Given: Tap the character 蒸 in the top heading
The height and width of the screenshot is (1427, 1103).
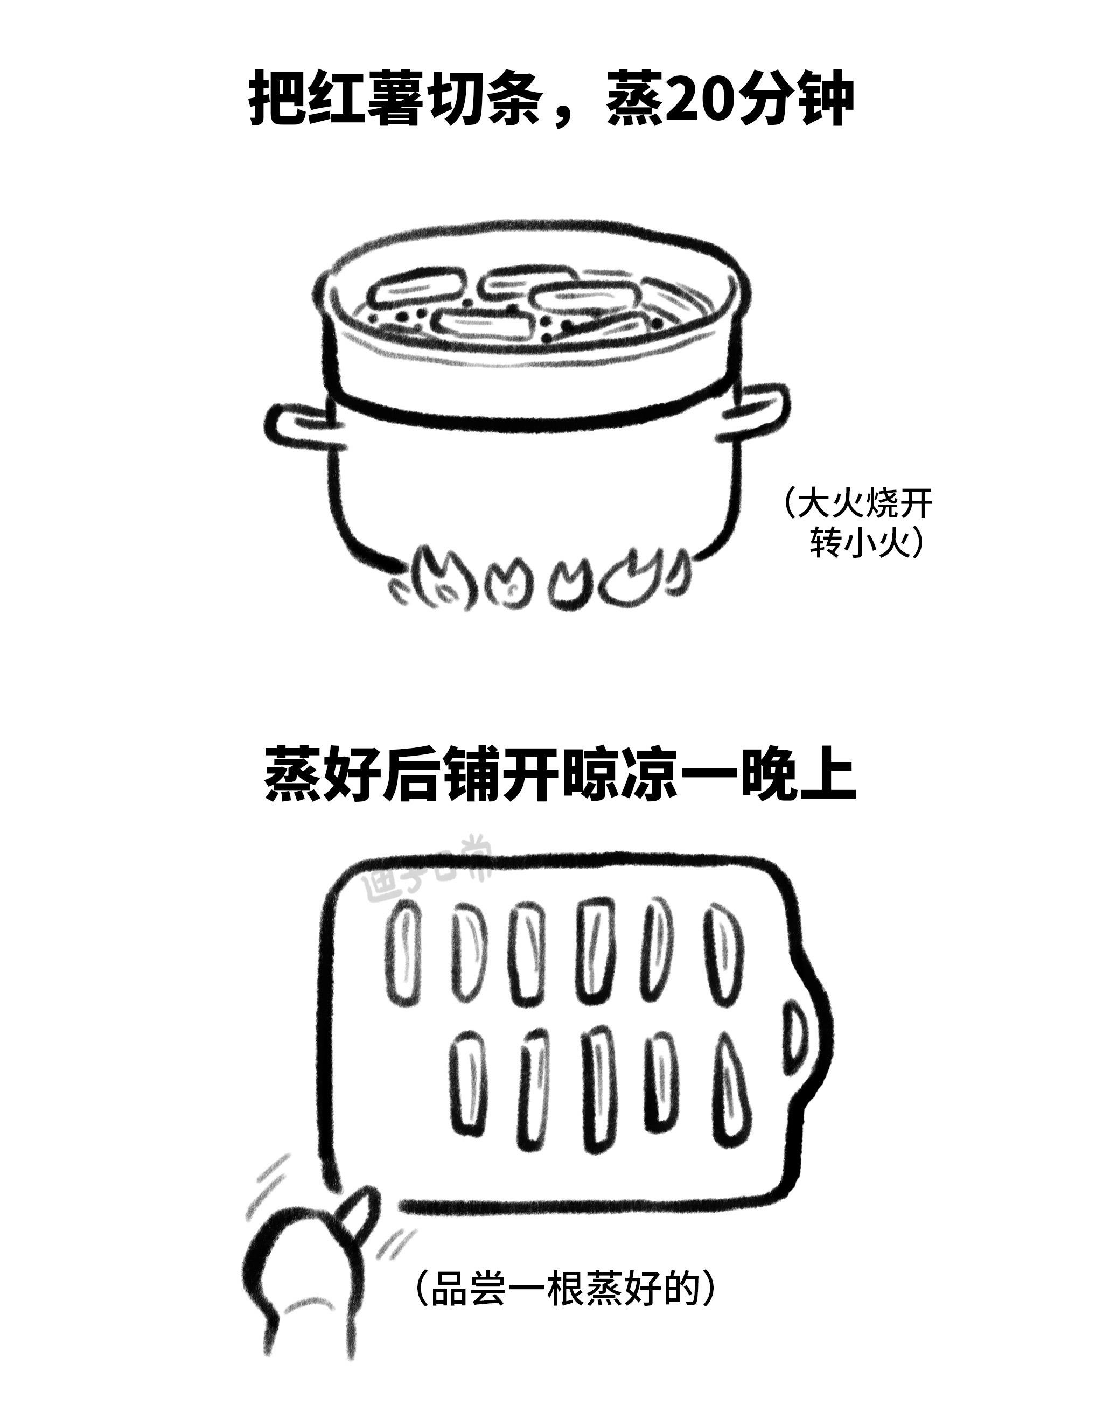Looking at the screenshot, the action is point(634,99).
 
